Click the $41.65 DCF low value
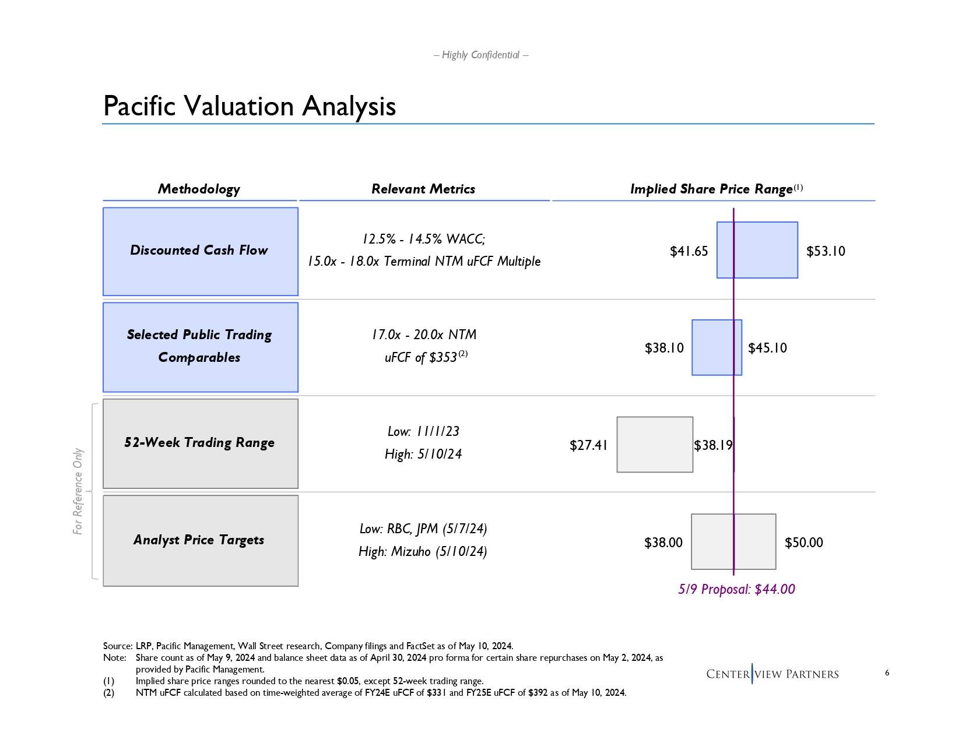coord(689,252)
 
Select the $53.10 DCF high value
coord(826,252)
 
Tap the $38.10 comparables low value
coord(664,348)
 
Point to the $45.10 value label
coord(767,348)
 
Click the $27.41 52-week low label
coord(588,446)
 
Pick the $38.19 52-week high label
coord(713,446)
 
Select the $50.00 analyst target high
coord(803,543)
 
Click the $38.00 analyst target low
coord(663,543)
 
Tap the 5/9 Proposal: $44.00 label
coord(736,590)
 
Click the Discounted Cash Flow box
coord(201,251)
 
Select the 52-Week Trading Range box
coord(201,443)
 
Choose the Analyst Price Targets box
coord(201,540)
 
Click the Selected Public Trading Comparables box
coord(201,347)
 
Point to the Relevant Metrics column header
coord(423,189)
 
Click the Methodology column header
coord(199,189)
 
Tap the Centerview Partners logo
coord(772,674)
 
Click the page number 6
coord(887,673)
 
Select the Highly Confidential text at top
coord(481,55)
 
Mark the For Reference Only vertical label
coord(78,491)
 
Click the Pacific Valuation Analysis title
coord(250,107)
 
